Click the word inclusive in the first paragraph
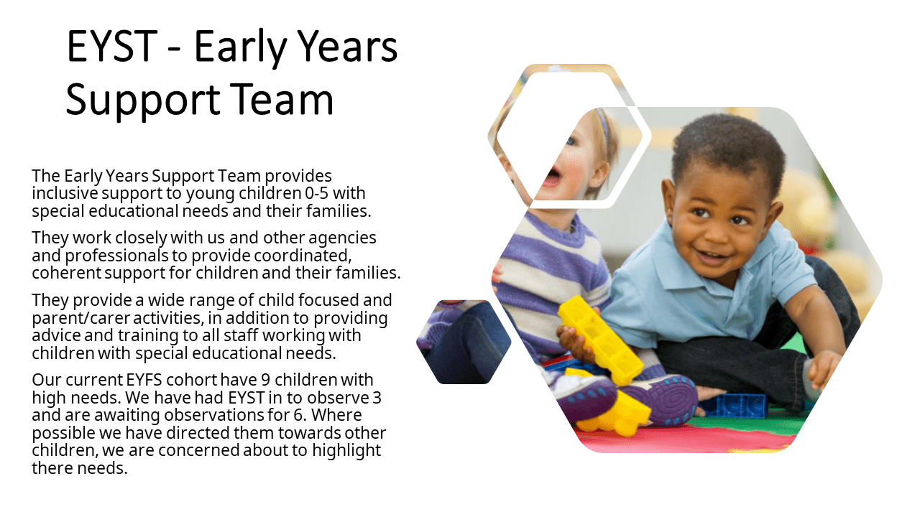tap(65, 193)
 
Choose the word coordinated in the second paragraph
tap(303, 256)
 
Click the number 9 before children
tap(265, 380)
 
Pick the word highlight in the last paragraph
tap(346, 450)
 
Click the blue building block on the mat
tap(732, 406)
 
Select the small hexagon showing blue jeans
tap(464, 343)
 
